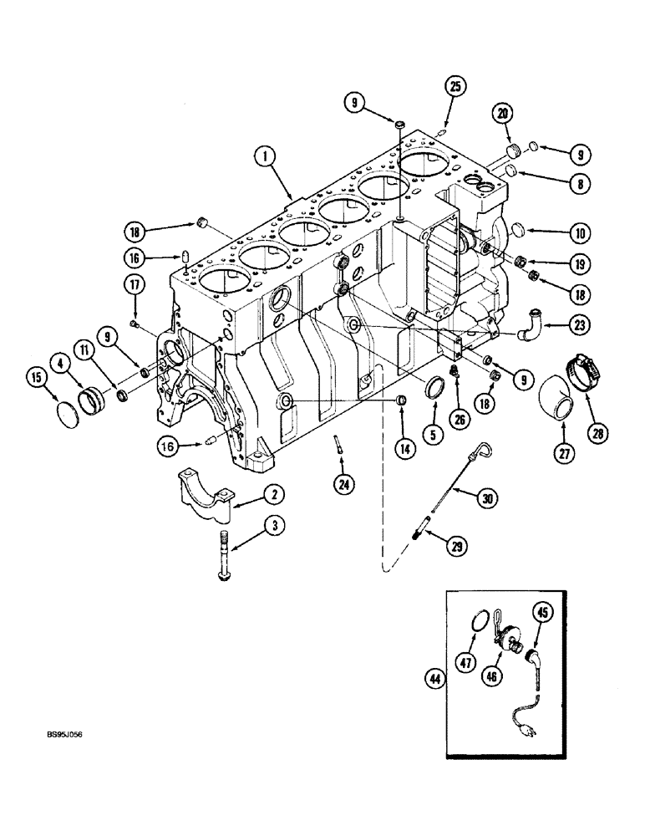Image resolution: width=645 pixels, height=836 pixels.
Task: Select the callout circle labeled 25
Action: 455,86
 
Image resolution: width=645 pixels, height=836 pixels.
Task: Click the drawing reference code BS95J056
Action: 64,737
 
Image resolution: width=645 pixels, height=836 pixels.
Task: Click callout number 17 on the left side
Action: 135,284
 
